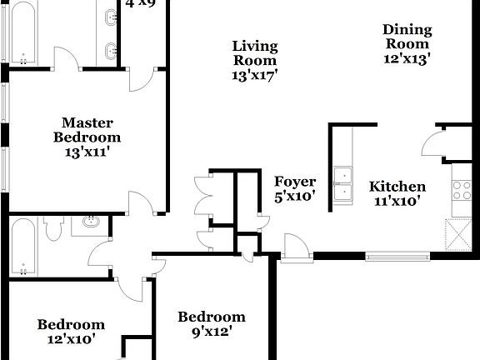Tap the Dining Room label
407,37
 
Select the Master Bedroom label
87,130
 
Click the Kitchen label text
397,187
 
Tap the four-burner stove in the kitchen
459,191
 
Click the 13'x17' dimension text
255,74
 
